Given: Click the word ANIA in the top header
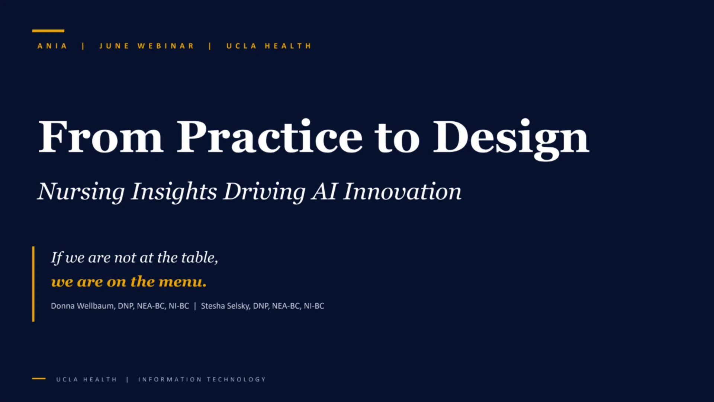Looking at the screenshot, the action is pos(52,46).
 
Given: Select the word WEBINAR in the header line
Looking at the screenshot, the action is pos(165,46).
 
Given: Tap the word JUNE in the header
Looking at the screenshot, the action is pos(114,46).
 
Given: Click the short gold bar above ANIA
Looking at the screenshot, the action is pos(48,31).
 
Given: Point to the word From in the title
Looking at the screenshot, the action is pos(101,137).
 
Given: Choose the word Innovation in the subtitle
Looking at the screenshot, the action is pos(402,191).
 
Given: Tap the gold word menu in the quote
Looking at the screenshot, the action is pos(182,282).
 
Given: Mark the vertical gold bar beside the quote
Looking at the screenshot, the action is pos(33,284).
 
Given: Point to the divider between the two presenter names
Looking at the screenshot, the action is pos(195,306).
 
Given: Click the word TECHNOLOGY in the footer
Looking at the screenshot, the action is pos(236,379).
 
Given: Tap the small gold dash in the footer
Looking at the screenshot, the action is pos(39,379).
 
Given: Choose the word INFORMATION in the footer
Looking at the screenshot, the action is pos(170,379).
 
